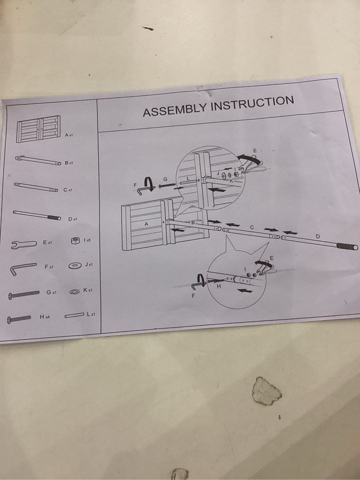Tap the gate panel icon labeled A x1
tap(39, 129)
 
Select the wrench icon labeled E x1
tap(24, 244)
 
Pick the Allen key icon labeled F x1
tap(22, 269)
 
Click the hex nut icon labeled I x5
tap(75, 241)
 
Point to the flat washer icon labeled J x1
tap(75, 265)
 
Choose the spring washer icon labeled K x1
tap(75, 292)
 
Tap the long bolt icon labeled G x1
tap(24, 295)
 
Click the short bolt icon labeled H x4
tap(19, 319)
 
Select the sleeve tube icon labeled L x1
tap(74, 315)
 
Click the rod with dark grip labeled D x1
tap(37, 215)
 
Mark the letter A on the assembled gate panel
tap(146, 224)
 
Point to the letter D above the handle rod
tap(317, 236)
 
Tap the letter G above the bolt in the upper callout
tap(165, 179)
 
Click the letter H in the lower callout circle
tap(219, 287)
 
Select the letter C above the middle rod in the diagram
tap(252, 227)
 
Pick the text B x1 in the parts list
tap(68, 163)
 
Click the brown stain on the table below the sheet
tap(266, 391)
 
